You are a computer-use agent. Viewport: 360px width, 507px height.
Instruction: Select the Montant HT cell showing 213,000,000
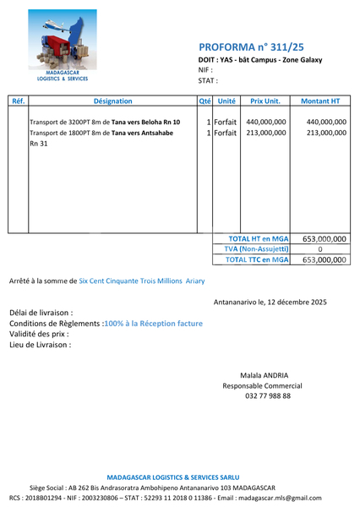[320, 134]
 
